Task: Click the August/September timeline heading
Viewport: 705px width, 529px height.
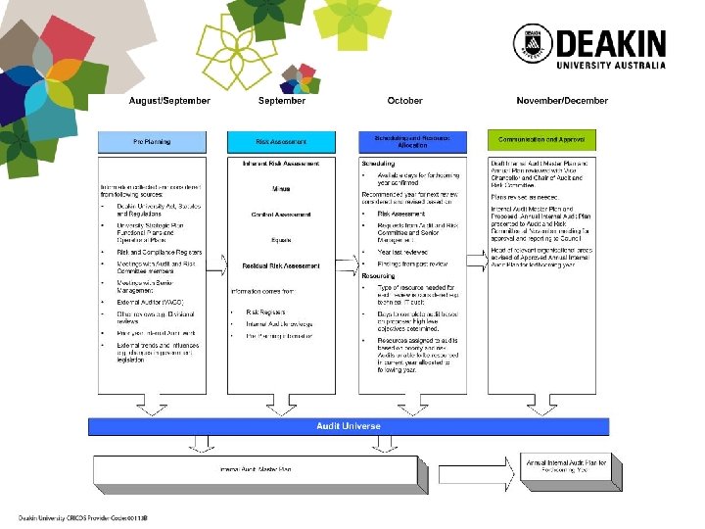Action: pos(169,101)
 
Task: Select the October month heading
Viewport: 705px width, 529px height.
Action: pos(404,101)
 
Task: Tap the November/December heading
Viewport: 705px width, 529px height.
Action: pos(562,101)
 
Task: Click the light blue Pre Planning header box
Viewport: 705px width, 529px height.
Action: pos(151,142)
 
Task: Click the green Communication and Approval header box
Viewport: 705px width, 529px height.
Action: pos(548,142)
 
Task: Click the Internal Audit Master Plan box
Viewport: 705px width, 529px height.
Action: pos(255,471)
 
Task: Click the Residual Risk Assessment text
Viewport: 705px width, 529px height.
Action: pos(281,265)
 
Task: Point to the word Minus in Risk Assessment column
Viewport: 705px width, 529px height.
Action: pos(281,188)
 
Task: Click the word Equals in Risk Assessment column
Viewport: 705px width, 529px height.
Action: pos(281,240)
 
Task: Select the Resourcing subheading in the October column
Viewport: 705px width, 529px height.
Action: pos(379,276)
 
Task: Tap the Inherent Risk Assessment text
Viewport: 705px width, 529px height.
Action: pos(281,163)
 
